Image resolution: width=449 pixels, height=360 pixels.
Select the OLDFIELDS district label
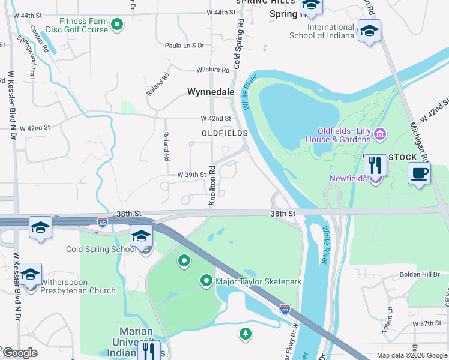tap(224, 133)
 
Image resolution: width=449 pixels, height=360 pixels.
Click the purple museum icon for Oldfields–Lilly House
tap(379, 133)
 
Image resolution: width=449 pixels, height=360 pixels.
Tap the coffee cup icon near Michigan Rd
tap(419, 173)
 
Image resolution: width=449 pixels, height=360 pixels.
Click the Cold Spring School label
tap(101, 249)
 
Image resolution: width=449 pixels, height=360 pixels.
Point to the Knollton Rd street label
tap(212, 186)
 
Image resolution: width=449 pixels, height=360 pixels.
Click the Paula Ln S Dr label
tap(184, 45)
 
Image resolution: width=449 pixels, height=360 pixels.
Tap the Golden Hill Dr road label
tap(420, 274)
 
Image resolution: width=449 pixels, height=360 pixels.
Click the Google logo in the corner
tap(20, 353)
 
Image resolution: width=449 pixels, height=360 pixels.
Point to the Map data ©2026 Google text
tap(411, 355)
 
